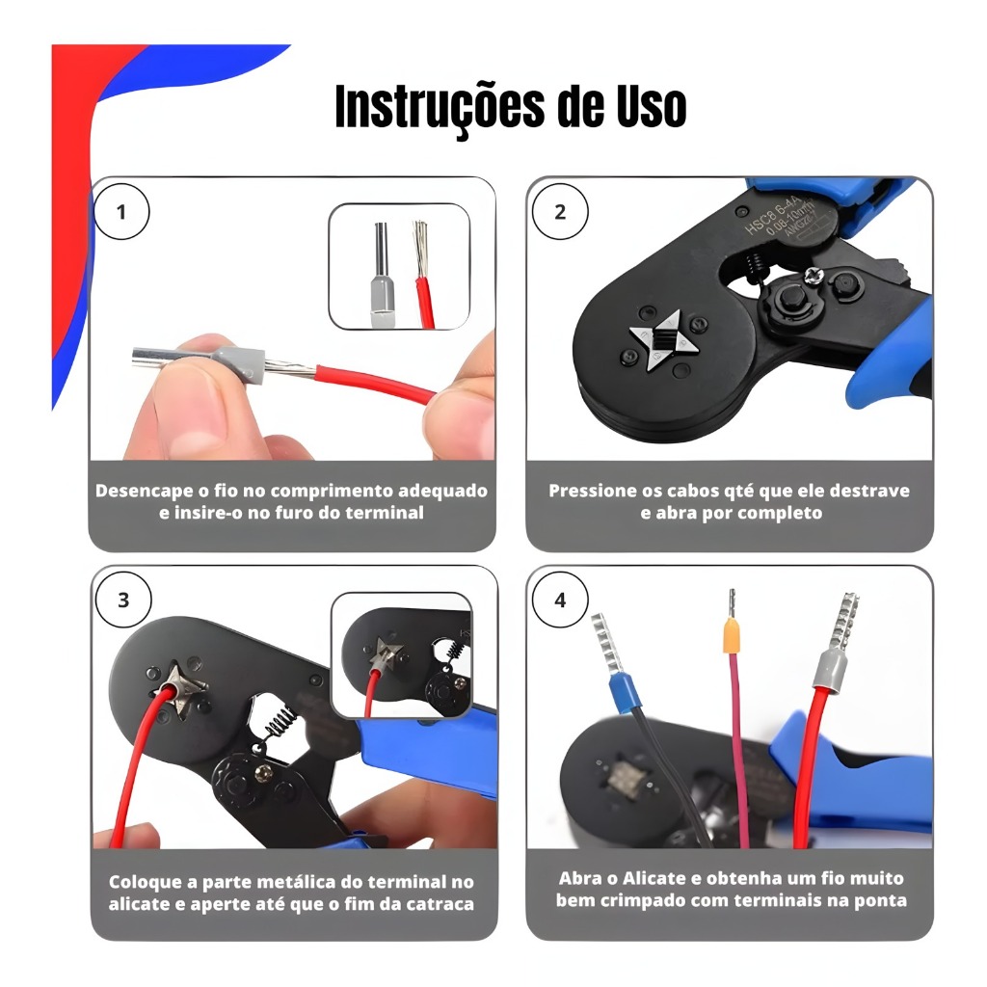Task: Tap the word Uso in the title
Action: [651, 106]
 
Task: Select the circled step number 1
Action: [121, 211]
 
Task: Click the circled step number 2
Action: [560, 211]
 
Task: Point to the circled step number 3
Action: [123, 600]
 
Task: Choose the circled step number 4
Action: [560, 600]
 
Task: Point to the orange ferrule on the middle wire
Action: [731, 636]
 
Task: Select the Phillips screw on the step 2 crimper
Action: [814, 275]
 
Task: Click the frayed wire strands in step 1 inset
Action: [419, 250]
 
